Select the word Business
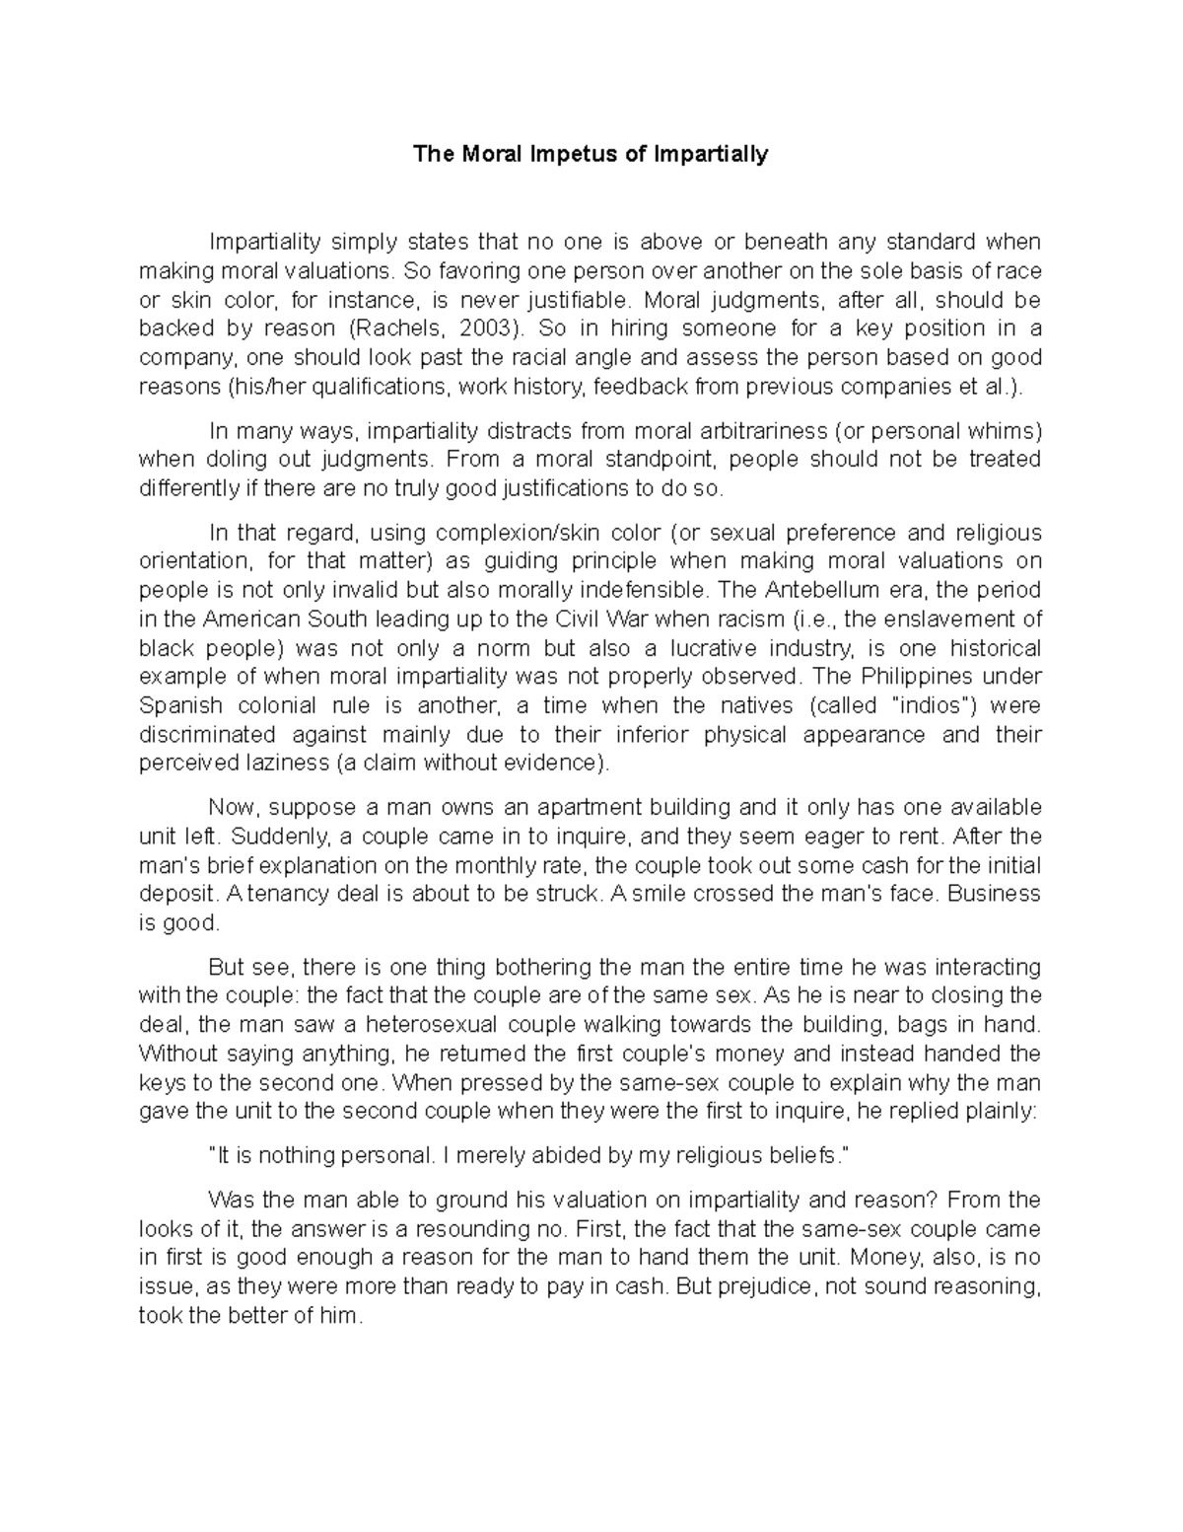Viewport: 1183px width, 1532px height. [1000, 894]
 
